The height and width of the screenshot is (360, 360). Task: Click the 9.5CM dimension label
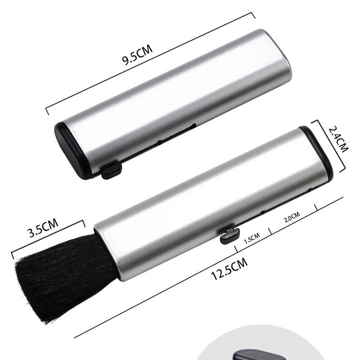137,55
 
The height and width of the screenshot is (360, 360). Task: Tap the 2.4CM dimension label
338,139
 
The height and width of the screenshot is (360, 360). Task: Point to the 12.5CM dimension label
229,269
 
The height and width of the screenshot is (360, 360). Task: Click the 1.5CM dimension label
252,238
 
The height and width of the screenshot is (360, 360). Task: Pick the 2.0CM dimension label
292,217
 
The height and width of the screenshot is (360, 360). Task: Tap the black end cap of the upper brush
71,150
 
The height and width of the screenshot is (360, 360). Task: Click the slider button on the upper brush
111,171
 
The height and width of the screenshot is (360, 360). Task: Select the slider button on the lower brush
229,236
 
